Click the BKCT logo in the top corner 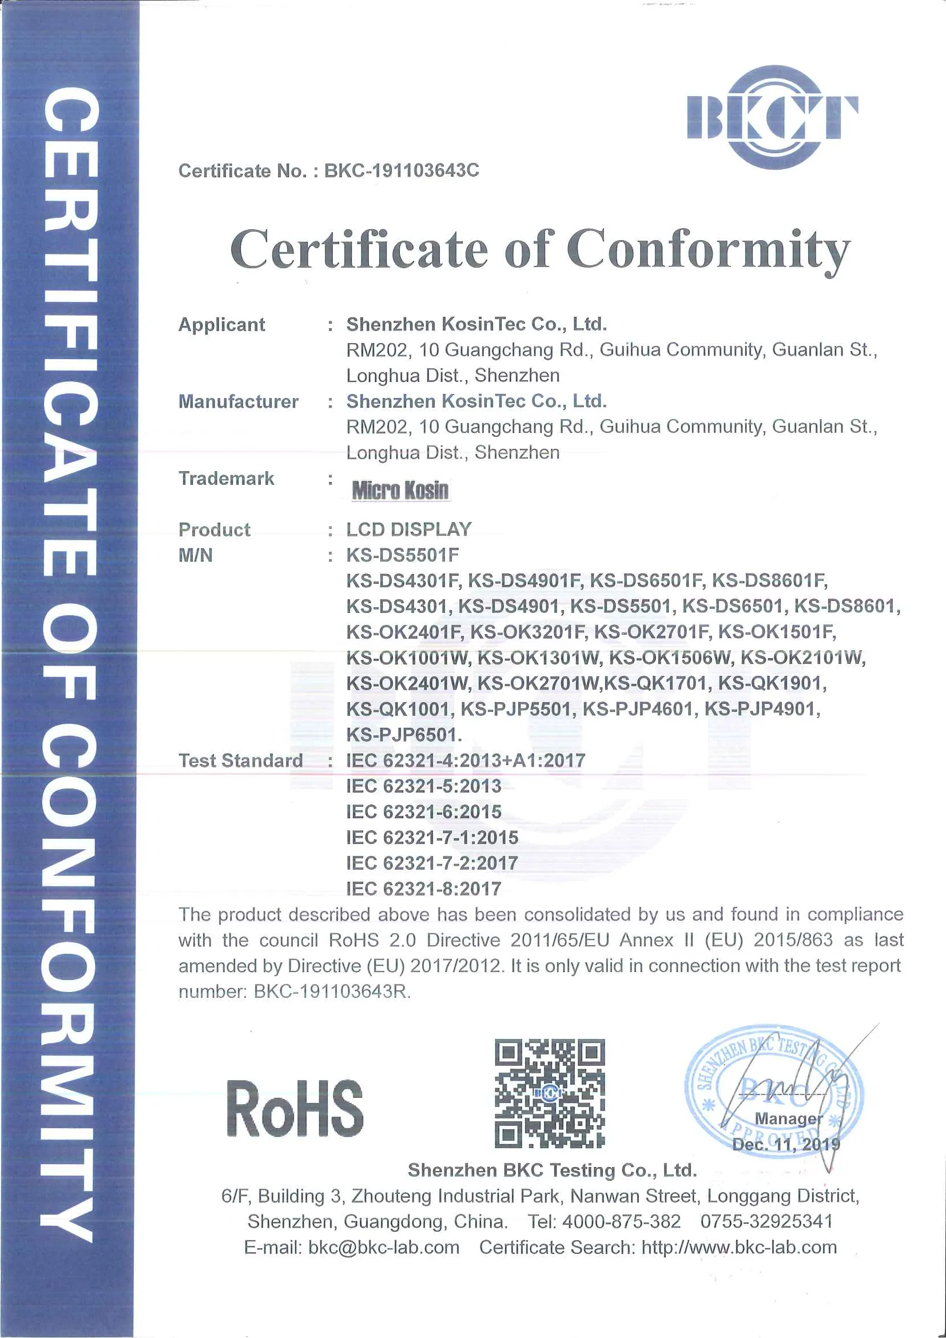coord(772,117)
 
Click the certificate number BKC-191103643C coord(402,170)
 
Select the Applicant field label coord(221,324)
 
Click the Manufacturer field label coord(238,401)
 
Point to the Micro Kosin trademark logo coord(400,490)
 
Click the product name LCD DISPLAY coord(408,529)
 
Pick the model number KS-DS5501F coord(403,555)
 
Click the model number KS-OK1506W coord(670,658)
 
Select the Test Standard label coord(240,760)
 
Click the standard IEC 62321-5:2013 coord(424,786)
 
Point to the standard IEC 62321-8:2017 coord(424,888)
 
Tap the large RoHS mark coord(295,1108)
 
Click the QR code coord(549,1093)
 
